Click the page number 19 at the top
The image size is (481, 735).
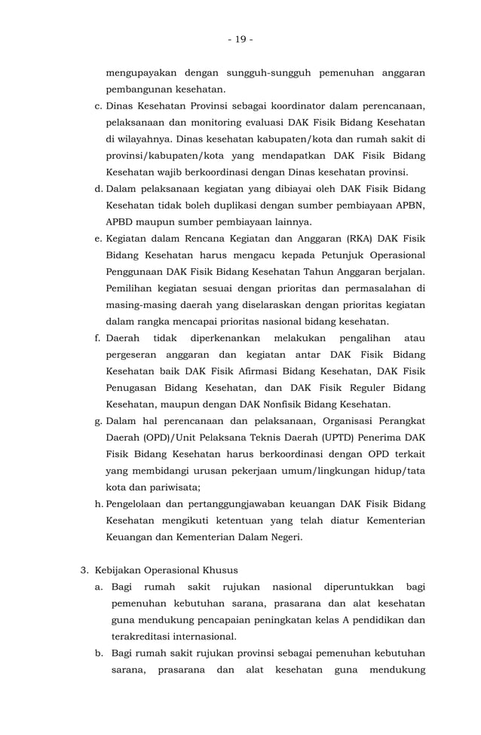(240, 39)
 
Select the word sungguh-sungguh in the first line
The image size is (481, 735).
(267, 73)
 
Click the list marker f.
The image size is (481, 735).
(98, 338)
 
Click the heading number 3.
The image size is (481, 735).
(84, 570)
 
